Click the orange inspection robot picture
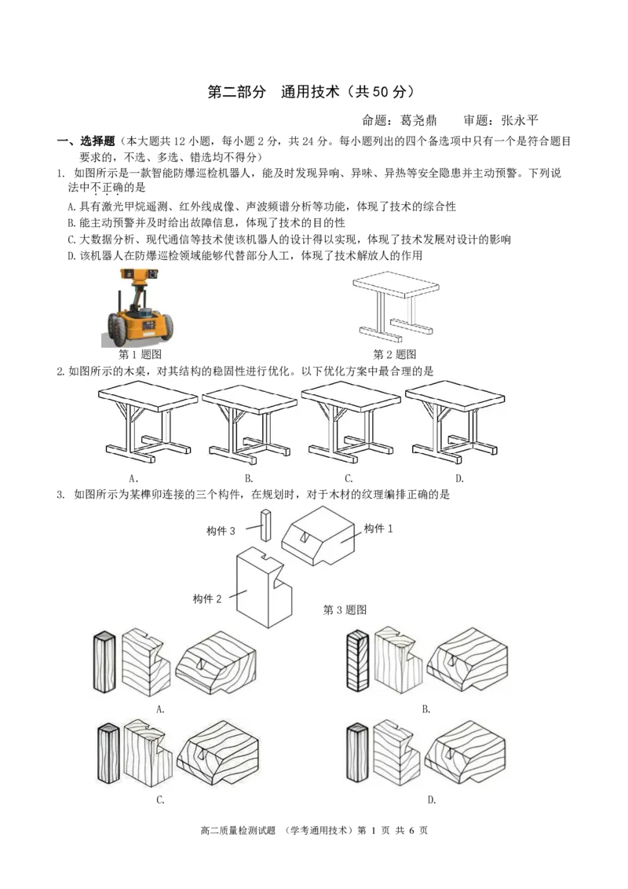click(140, 307)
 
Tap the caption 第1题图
click(140, 355)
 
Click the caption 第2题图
click(395, 355)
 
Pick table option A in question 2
click(148, 423)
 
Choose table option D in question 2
click(455, 423)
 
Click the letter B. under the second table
click(249, 478)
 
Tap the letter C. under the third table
click(349, 478)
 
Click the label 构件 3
click(221, 531)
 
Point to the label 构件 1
click(378, 529)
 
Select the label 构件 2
click(207, 599)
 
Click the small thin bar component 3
click(266, 525)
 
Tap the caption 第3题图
click(345, 610)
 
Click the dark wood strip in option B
click(358, 660)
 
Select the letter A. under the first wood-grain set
click(160, 709)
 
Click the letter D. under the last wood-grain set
click(432, 800)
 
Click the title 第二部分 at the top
click(236, 92)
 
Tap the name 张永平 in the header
click(520, 120)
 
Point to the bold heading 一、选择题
click(86, 141)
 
